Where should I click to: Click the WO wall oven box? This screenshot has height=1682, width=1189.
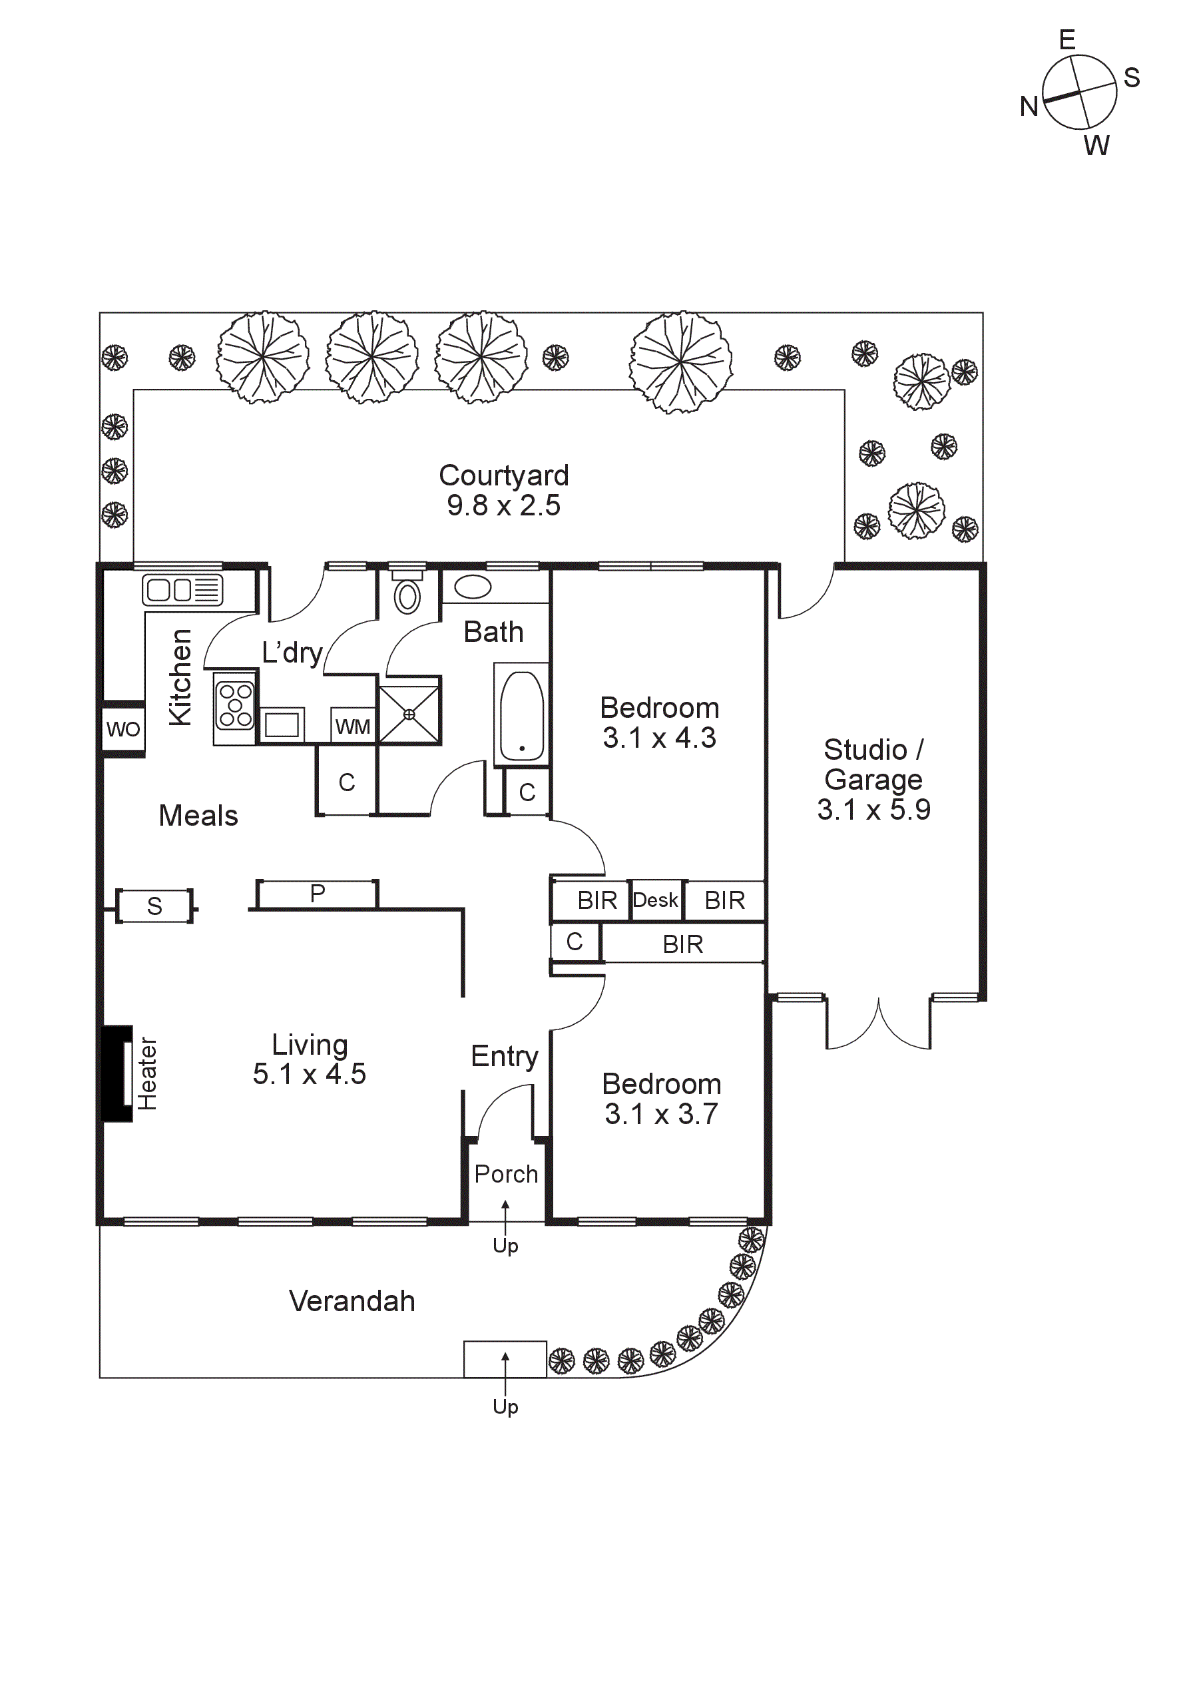[x=122, y=729]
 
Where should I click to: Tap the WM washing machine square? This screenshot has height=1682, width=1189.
[x=352, y=726]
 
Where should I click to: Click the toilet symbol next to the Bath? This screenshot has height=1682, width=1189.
[x=407, y=595]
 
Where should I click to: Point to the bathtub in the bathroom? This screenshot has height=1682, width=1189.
[x=522, y=716]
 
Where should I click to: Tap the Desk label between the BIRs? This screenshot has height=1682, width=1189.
[x=655, y=900]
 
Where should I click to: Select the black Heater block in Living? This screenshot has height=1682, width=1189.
[x=115, y=1073]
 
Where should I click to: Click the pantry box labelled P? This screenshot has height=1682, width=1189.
[x=317, y=894]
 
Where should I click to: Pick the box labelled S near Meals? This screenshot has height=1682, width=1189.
[x=154, y=906]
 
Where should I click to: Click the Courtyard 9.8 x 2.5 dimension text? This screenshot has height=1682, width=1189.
[x=503, y=505]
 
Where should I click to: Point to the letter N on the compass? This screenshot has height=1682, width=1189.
[x=1029, y=107]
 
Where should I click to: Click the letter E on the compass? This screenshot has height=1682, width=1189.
[x=1067, y=39]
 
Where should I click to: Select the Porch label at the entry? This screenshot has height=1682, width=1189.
[x=505, y=1175]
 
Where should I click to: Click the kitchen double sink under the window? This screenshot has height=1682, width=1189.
[x=182, y=590]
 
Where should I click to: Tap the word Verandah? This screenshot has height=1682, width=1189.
[x=352, y=1301]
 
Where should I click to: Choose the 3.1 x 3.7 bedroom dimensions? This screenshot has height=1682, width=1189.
[x=661, y=1113]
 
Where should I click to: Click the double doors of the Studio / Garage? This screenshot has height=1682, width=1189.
[x=878, y=1025]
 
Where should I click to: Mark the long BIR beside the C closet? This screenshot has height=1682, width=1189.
[x=682, y=944]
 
